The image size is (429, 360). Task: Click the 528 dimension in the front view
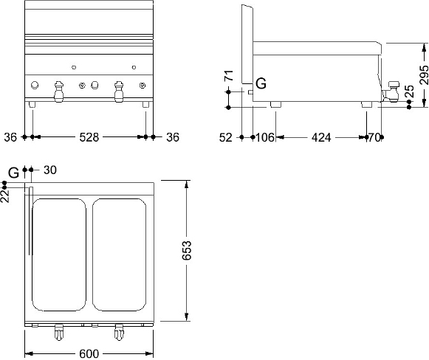point(89,137)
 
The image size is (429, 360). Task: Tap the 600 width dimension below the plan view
point(89,354)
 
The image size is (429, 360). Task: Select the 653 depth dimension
point(187,250)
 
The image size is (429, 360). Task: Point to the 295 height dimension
point(424,75)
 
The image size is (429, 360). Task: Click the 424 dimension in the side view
point(321,137)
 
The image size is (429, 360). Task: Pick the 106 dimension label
point(265,137)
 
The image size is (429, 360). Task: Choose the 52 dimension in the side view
point(226,137)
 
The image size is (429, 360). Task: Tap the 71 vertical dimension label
point(229,75)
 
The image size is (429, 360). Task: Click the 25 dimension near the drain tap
point(409,91)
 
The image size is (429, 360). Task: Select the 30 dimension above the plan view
point(50,170)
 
